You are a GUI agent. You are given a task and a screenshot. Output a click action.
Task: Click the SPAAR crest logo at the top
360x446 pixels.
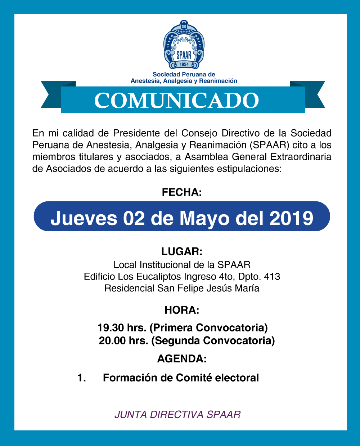coord(184,44)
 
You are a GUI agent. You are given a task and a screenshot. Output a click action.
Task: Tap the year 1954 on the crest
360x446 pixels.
coord(184,64)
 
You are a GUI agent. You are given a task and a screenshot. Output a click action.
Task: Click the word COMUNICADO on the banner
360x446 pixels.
coord(177,101)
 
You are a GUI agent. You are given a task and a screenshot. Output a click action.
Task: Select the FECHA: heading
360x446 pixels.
coord(182,192)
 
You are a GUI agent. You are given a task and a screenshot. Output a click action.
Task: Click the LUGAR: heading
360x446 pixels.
coord(182,251)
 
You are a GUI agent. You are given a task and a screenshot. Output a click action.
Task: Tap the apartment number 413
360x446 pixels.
coord(272,277)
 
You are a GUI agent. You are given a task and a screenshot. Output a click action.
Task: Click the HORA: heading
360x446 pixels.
coord(182,310)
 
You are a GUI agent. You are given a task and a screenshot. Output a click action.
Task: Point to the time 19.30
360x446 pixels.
coord(111,327)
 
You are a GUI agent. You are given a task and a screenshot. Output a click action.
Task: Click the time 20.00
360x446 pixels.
coord(112,340)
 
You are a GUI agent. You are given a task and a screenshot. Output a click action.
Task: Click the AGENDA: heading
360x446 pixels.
coord(182,358)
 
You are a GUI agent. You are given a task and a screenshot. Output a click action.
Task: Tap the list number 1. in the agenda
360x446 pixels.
coord(82,378)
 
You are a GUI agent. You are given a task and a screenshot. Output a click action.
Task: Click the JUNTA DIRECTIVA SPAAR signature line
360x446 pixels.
coord(177,414)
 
